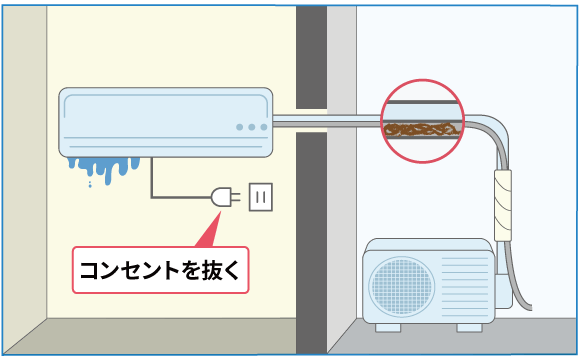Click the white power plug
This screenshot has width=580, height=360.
tap(221, 198)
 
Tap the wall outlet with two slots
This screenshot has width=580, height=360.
tap(260, 198)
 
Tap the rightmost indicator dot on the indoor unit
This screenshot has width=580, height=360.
tap(263, 128)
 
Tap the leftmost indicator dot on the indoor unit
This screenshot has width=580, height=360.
tap(238, 128)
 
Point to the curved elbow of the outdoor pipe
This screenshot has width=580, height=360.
tap(496, 134)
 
